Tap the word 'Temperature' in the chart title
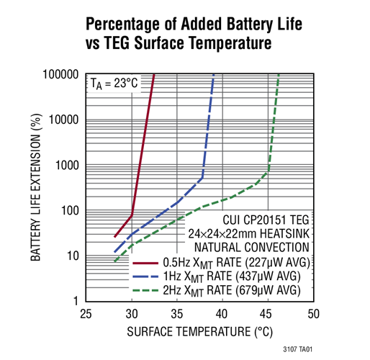click(230, 43)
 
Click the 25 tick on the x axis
click(86, 315)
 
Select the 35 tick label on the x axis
click(176, 315)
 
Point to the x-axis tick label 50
click(313, 315)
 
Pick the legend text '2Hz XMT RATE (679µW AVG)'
click(234, 289)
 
